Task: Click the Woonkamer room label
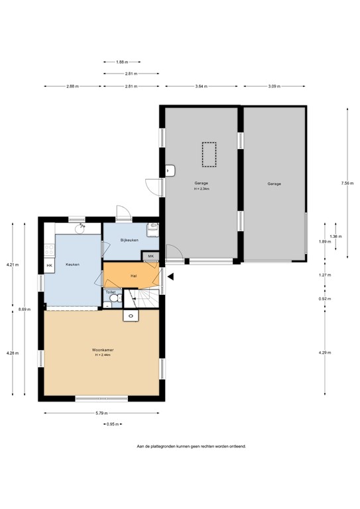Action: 101,349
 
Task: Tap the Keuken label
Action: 73,264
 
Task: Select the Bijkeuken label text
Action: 129,240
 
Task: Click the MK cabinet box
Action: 150,256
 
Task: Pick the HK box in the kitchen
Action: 49,266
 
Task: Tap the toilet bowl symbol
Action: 114,300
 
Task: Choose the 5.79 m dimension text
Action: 101,413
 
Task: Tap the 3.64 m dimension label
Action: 202,87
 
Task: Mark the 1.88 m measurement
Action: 121,62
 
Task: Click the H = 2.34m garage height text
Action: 202,189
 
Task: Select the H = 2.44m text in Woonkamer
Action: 101,355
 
